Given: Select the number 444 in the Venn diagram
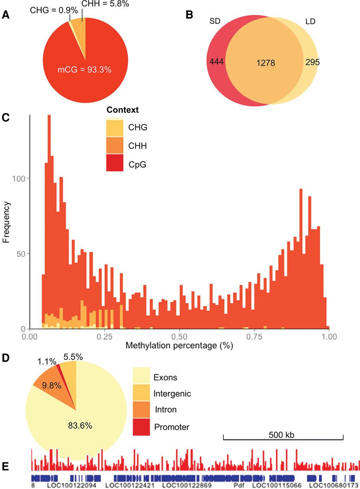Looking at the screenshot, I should [x=216, y=62].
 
